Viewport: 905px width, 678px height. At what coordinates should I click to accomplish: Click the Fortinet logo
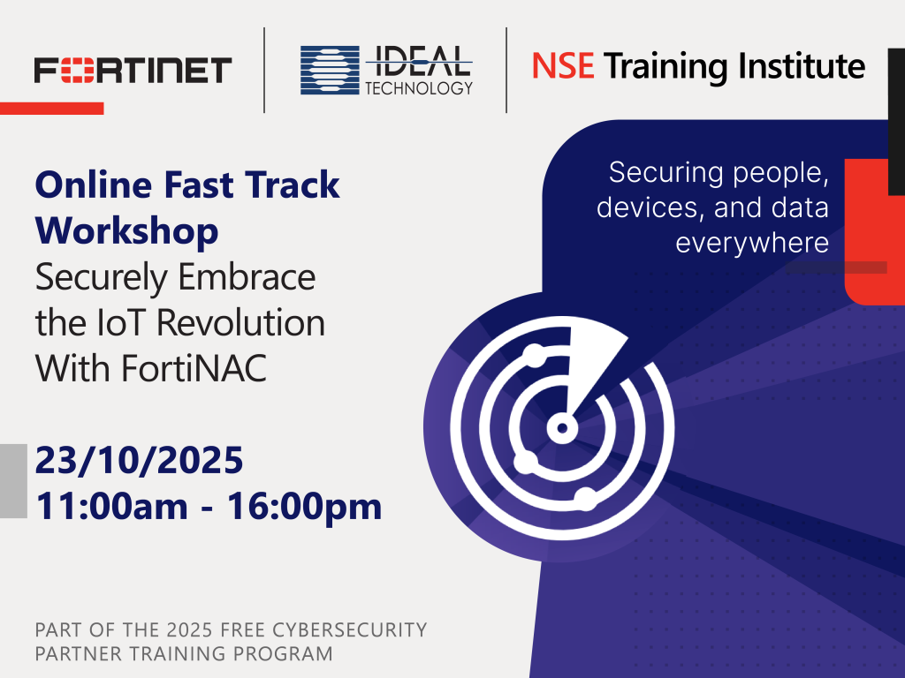click(x=133, y=70)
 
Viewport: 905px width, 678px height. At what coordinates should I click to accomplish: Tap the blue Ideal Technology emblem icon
click(x=330, y=71)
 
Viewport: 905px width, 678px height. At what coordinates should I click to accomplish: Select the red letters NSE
click(x=563, y=65)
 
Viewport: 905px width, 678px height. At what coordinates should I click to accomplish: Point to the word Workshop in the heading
click(x=127, y=231)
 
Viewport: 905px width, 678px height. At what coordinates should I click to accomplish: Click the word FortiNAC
click(x=194, y=368)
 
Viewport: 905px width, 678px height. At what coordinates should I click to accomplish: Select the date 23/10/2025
click(x=139, y=460)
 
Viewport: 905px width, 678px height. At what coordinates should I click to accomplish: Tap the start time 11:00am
click(x=112, y=506)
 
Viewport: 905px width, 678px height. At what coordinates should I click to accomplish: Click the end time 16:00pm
click(x=304, y=506)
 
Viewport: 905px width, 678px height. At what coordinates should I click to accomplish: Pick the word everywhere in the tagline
click(x=752, y=243)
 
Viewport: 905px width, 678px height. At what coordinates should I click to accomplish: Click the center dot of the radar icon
click(x=562, y=428)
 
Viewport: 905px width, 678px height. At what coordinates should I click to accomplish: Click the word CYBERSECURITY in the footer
click(x=350, y=629)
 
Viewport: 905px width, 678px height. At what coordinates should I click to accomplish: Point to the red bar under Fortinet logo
click(x=52, y=109)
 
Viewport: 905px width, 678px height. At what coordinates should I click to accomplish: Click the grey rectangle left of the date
click(x=13, y=481)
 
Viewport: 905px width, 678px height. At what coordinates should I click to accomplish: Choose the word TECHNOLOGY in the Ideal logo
click(x=419, y=87)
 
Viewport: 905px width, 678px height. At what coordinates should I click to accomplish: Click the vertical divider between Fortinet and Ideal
click(x=264, y=70)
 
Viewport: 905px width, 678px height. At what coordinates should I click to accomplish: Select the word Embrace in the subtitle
click(x=247, y=276)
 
